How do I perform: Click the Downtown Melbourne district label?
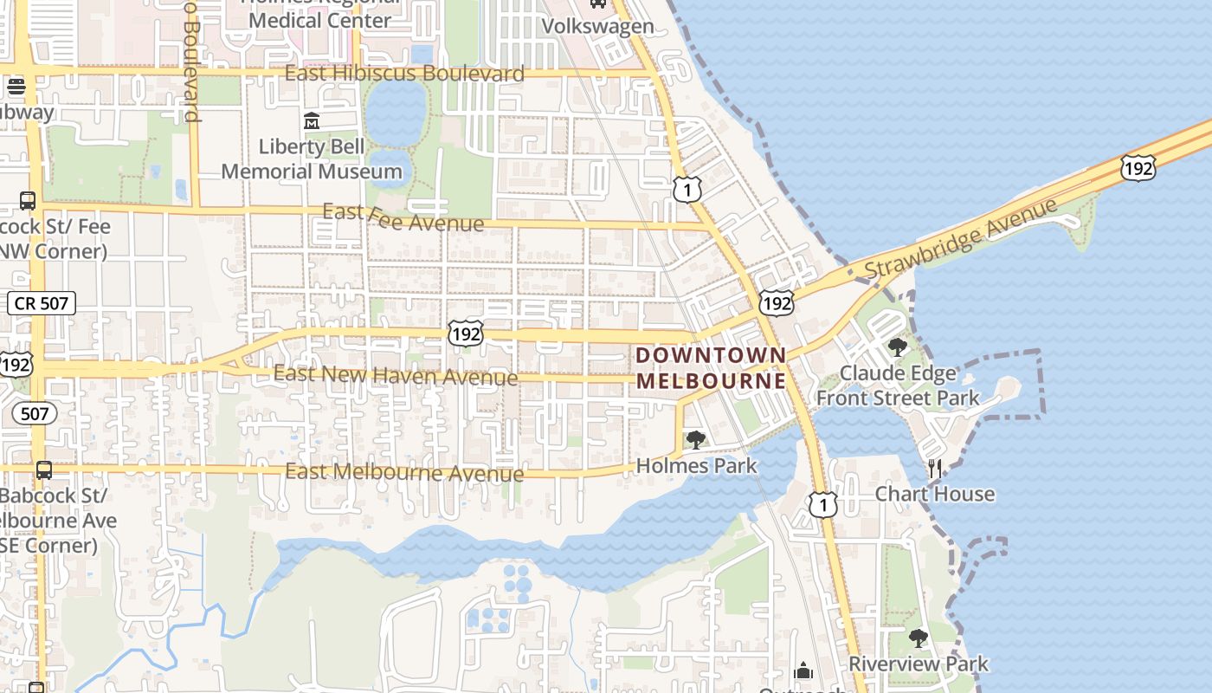coord(712,367)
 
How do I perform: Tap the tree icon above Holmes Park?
coord(695,440)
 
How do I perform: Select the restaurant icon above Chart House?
coord(934,469)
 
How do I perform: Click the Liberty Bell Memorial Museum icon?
coord(312,120)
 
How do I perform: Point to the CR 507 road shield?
coord(42,303)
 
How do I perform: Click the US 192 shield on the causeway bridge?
coord(1137,168)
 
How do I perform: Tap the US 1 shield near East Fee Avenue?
coord(687,189)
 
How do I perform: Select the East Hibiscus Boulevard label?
coord(404,74)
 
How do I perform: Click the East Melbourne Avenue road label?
coord(404,473)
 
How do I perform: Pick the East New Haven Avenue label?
coord(396,376)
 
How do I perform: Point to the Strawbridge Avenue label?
coord(961,238)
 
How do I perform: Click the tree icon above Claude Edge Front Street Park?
coord(898,348)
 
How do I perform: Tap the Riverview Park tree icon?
coord(919,639)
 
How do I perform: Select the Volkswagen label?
coord(597,26)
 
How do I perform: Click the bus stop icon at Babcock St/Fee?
coord(27,201)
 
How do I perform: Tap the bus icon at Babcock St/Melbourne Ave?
coord(43,470)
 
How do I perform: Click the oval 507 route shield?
coord(35,413)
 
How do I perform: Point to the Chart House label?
coord(934,494)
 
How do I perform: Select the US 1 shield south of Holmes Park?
coord(822,504)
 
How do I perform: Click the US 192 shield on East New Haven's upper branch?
coord(466,333)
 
